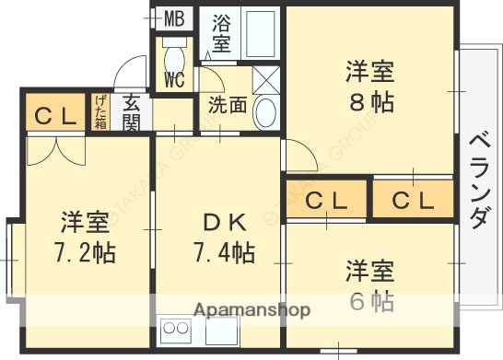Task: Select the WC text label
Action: point(174,79)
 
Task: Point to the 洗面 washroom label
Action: point(228,105)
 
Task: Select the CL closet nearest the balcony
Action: point(413,200)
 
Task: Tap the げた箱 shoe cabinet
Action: point(100,111)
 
